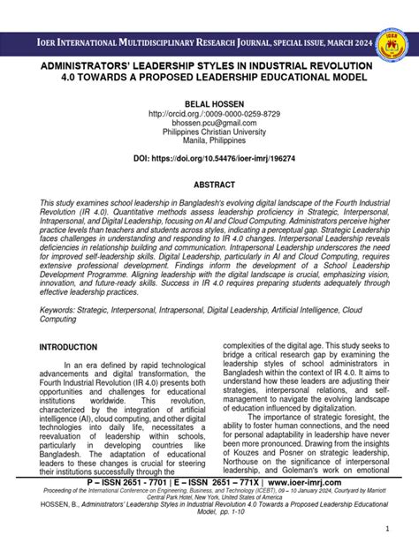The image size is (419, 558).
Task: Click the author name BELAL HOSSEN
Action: [210, 103]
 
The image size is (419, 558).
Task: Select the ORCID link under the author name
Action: [210, 115]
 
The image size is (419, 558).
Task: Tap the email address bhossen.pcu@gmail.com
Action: [210, 124]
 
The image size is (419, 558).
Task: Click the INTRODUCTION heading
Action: [69, 348]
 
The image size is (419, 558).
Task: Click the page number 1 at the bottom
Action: [387, 528]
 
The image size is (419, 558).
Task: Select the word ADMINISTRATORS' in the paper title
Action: [90, 66]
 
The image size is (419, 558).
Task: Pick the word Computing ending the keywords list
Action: [60, 320]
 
